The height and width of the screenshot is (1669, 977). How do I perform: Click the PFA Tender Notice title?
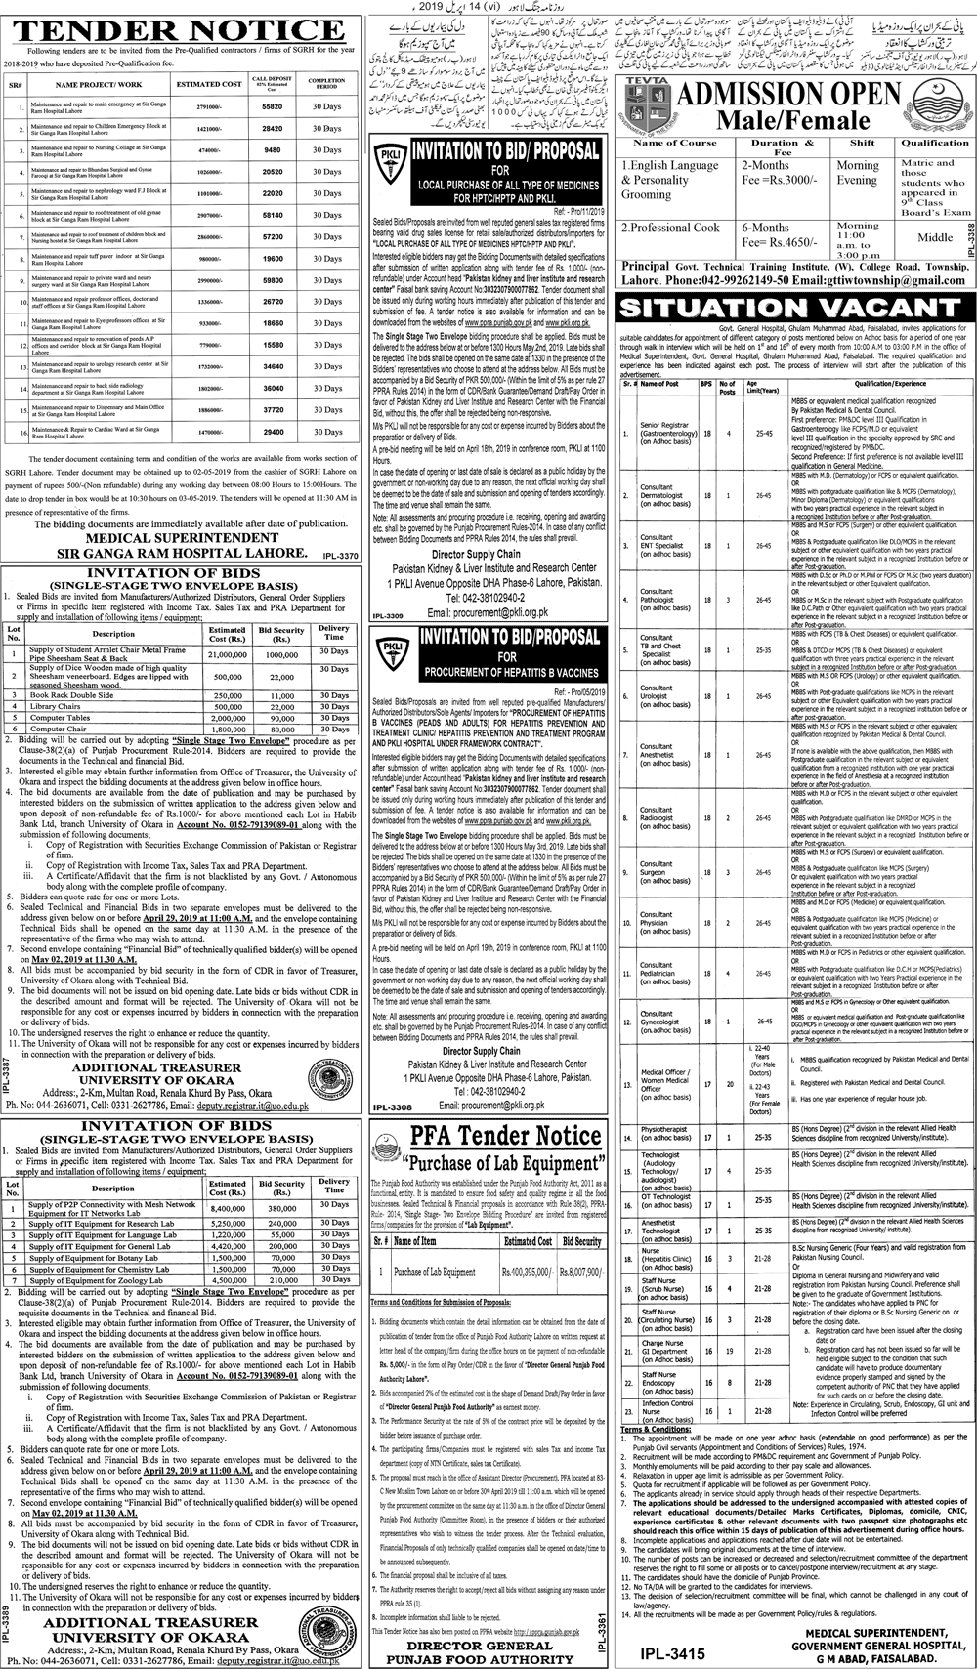pyautogui.click(x=486, y=1137)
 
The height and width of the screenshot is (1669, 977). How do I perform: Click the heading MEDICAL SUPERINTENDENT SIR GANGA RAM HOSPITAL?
pyautogui.click(x=170, y=544)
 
